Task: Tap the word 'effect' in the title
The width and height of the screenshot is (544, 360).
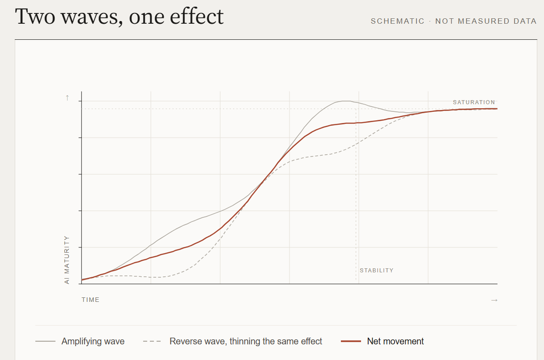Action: click(x=196, y=16)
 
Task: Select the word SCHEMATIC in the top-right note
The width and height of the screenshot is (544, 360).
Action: click(x=397, y=21)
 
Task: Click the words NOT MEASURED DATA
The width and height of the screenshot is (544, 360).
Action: click(x=486, y=21)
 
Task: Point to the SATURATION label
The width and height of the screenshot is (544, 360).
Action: click(x=474, y=102)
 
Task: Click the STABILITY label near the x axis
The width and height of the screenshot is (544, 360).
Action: click(x=376, y=271)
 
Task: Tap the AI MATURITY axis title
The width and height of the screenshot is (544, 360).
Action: click(x=67, y=260)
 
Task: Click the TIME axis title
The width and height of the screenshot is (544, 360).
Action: click(x=90, y=300)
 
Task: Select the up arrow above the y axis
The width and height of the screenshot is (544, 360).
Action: click(x=68, y=98)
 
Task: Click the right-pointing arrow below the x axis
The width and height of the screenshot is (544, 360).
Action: click(x=494, y=300)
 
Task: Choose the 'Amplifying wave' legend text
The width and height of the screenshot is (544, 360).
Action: click(x=93, y=341)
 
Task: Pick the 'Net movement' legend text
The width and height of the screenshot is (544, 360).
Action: click(x=395, y=341)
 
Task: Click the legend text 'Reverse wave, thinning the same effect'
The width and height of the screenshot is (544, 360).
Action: click(x=246, y=341)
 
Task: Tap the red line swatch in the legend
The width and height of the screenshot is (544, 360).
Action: click(x=351, y=341)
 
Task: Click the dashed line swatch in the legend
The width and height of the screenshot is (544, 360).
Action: click(x=152, y=341)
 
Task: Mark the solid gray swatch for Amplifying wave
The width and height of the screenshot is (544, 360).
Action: click(x=46, y=341)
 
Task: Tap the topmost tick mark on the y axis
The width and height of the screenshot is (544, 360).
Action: click(x=80, y=101)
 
